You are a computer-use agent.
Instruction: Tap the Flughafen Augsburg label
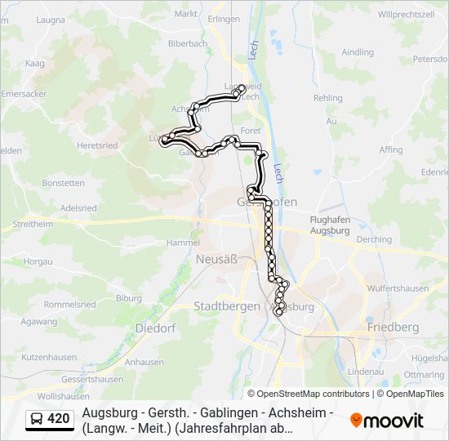pos(330,225)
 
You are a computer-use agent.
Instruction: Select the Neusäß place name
pos(216,259)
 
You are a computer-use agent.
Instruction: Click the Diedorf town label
pos(155,327)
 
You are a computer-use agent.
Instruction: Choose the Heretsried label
pos(97,145)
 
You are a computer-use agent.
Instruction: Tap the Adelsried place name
pos(78,208)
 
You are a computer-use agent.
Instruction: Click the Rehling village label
pos(328,97)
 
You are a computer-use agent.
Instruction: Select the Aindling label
pos(358,52)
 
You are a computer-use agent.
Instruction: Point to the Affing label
pos(391,149)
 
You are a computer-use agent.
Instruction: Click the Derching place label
pos(374,239)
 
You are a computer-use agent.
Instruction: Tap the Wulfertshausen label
pos(399,287)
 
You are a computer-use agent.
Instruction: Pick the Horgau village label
pos(38,261)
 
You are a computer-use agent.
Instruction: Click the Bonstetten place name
pos(64,183)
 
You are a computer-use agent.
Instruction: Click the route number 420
pos(59,420)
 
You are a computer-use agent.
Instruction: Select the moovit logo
pos(387,421)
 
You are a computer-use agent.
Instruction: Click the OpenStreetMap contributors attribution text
pos(302,394)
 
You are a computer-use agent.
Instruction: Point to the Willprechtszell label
pos(406,15)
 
